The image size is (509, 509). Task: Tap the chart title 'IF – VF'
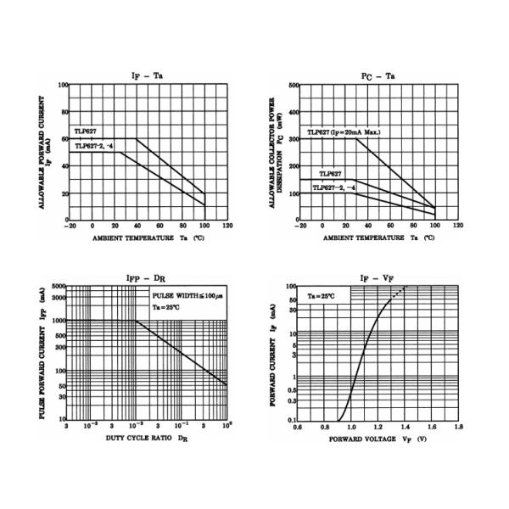[x=378, y=277]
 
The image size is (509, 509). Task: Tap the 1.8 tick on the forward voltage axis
[x=458, y=427]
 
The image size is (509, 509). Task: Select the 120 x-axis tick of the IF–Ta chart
[x=227, y=227]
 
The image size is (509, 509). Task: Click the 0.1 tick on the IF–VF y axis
[x=292, y=420]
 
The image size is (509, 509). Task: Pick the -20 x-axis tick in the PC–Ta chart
[x=299, y=227]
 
